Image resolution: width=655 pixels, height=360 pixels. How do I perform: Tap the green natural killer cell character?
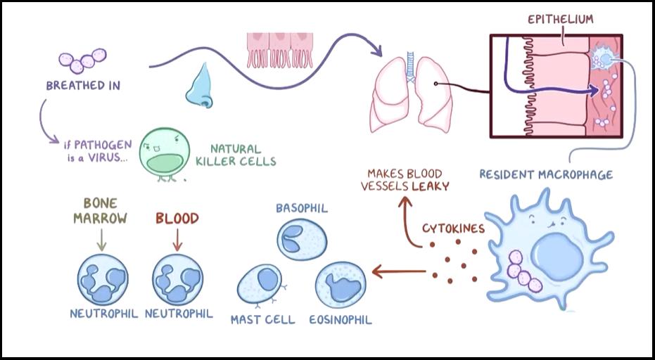pos(164,153)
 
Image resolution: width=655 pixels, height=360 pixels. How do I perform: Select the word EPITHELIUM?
pos(561,20)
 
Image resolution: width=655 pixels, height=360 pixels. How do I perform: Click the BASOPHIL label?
pos(302,208)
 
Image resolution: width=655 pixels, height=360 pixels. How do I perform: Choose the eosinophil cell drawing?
pos(341,285)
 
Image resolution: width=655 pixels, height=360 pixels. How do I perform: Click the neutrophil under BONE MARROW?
pos(103,279)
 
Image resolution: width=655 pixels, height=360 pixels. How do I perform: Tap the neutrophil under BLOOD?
pos(178,279)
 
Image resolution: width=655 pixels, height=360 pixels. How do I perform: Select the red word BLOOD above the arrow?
pos(177,219)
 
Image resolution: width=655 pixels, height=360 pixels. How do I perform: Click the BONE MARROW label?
pos(101,210)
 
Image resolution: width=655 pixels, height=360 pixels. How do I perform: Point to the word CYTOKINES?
pos(452,229)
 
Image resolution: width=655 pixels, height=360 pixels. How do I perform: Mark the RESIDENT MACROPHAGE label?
pos(546,174)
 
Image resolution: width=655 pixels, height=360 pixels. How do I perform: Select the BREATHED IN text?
pos(83,86)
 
